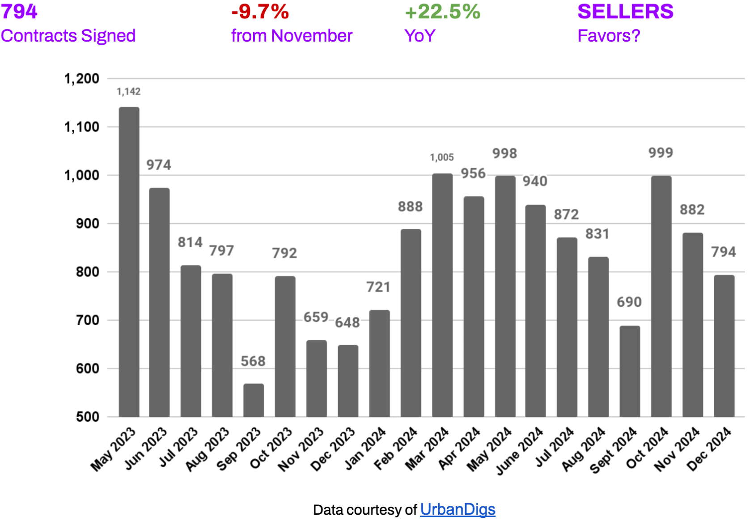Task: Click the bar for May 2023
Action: point(129,262)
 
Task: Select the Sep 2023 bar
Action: point(254,400)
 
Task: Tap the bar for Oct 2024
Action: point(661,296)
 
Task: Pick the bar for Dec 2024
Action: point(724,346)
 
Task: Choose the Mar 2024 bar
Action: point(442,295)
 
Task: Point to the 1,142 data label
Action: point(129,92)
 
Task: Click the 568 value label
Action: point(253,361)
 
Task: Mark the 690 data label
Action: point(629,302)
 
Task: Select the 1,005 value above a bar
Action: point(442,157)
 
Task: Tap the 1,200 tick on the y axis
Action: point(82,79)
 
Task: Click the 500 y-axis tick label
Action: point(88,417)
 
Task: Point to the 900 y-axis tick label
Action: point(88,224)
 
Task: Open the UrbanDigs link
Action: point(457,509)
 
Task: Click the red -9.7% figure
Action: point(260,12)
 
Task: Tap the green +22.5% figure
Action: point(442,12)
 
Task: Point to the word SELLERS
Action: point(625,12)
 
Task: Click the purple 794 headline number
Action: point(19,12)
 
